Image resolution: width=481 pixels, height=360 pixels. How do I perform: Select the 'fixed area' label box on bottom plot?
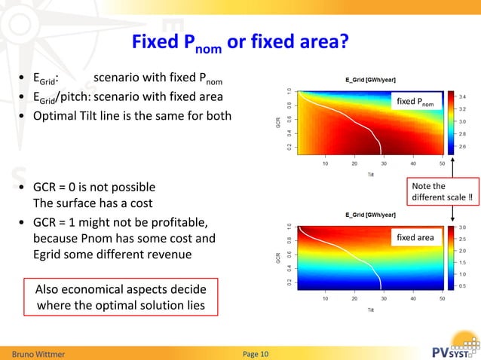pyautogui.click(x=415, y=238)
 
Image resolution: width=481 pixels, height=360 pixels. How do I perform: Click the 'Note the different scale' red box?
pyautogui.click(x=441, y=192)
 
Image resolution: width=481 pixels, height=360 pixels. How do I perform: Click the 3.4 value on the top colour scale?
pyautogui.click(x=462, y=97)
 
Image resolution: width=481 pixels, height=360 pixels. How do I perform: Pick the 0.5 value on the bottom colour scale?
pyautogui.click(x=462, y=286)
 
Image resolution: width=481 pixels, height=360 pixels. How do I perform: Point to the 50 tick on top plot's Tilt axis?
pyautogui.click(x=441, y=163)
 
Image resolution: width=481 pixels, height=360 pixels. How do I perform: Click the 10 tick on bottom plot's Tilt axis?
pyautogui.click(x=326, y=299)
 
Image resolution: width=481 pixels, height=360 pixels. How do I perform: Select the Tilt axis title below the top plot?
pyautogui.click(x=370, y=173)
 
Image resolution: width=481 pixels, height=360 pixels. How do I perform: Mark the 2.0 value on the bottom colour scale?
pyautogui.click(x=462, y=251)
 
